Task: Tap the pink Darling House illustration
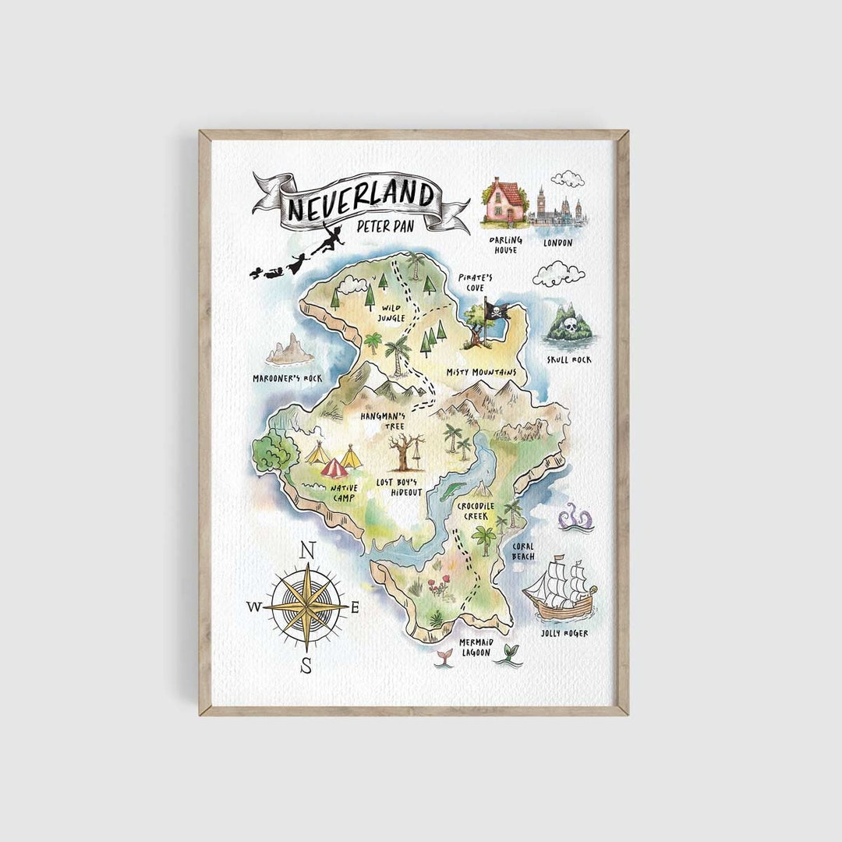click(x=505, y=202)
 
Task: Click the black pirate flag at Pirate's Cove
click(x=496, y=311)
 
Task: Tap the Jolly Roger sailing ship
click(x=560, y=590)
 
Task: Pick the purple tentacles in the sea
click(x=575, y=518)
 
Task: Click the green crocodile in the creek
click(x=451, y=492)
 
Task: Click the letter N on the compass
click(x=307, y=550)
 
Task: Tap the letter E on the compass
click(x=355, y=608)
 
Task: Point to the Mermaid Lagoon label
click(x=475, y=647)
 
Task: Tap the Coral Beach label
click(x=523, y=551)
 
